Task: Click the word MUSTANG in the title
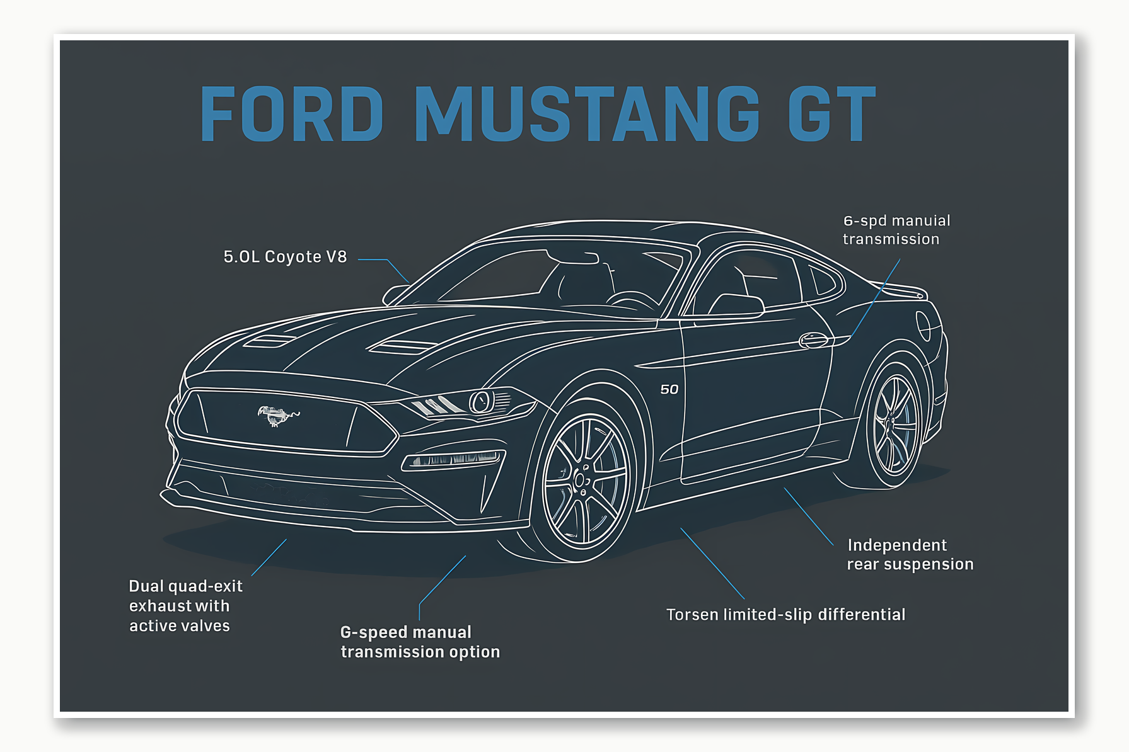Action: [587, 114]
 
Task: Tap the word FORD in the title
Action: [292, 114]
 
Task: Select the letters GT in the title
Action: [832, 114]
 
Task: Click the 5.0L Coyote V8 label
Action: [285, 257]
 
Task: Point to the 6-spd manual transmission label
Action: [896, 230]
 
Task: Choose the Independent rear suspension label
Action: [910, 554]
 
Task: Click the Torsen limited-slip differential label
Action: [785, 615]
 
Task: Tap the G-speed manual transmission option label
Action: [420, 642]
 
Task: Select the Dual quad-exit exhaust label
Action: [185, 606]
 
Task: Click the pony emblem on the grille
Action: [277, 415]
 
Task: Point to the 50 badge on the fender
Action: [669, 390]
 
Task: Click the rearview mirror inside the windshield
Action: [574, 257]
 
